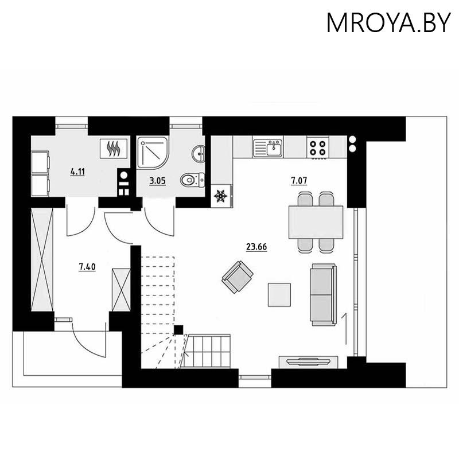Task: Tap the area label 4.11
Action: click(x=77, y=171)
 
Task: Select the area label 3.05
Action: click(x=157, y=181)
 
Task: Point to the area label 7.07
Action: click(x=299, y=181)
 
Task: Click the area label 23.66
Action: click(x=256, y=247)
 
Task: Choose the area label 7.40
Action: click(x=87, y=266)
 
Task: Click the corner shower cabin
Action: click(x=151, y=151)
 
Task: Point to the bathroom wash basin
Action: click(x=198, y=153)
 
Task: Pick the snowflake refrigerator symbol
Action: click(x=221, y=196)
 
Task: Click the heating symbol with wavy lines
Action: click(x=113, y=149)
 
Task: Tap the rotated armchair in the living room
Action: click(x=237, y=277)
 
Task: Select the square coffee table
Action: click(x=279, y=294)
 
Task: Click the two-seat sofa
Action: click(x=323, y=294)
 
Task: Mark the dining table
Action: click(x=316, y=221)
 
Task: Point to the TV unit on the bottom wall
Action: click(x=308, y=361)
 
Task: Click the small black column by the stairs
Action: click(x=178, y=329)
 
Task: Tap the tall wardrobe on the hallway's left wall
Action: click(x=42, y=260)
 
